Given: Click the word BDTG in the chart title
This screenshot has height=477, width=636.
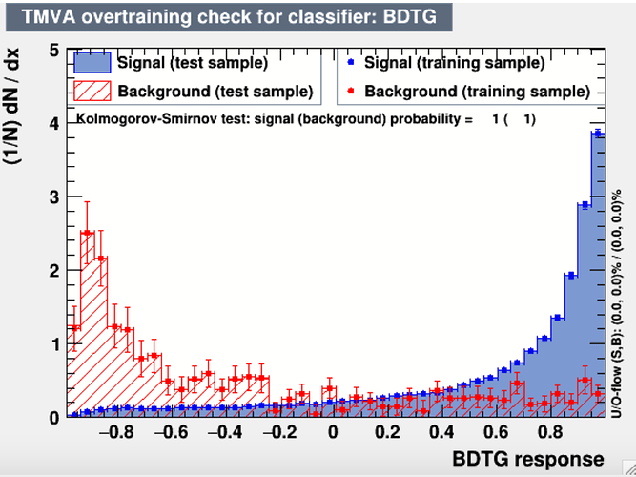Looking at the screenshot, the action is coord(410,17).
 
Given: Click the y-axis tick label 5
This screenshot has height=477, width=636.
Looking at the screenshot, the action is coord(54,52).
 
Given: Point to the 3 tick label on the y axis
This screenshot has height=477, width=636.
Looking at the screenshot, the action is coord(54,197).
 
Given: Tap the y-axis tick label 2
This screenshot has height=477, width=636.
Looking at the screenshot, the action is coord(54,271).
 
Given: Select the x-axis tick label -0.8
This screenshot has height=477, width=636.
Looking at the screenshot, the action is coord(116,432).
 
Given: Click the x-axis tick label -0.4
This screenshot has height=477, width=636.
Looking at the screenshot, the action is coord(225,432).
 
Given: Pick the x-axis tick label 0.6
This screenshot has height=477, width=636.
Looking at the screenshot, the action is coord(496,432).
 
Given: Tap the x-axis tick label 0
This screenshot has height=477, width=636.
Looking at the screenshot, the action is coord(333,432).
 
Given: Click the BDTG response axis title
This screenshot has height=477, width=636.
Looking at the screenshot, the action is coord(528,459).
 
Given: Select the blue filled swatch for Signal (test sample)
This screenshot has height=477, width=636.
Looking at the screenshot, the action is coord(92,63).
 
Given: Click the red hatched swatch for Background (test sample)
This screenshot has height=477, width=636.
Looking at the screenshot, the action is coord(92,91).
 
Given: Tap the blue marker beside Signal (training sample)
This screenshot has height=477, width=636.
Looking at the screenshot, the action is coord(351,63).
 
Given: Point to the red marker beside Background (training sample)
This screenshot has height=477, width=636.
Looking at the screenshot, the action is coord(351,92).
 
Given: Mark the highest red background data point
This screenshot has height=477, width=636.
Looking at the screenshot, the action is coord(87,233).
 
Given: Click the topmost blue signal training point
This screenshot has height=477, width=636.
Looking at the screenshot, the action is coord(598,134).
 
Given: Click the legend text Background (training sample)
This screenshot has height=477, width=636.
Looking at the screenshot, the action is coord(477,92).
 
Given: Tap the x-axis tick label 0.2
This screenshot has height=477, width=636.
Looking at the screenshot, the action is coord(387,432).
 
